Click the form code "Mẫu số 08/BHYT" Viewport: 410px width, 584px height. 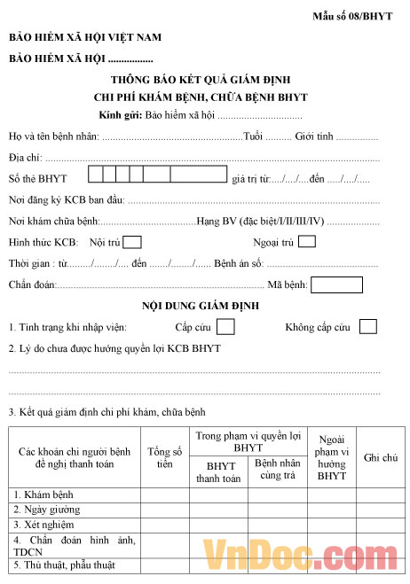(x=352, y=17)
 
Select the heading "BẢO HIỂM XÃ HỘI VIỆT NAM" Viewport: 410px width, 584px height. (x=85, y=38)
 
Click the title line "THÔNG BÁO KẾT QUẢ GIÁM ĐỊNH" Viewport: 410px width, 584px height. (x=206, y=80)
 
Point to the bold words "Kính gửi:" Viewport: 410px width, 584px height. (x=121, y=115)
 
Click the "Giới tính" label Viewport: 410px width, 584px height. (x=314, y=136)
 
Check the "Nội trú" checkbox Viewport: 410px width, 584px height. (x=132, y=242)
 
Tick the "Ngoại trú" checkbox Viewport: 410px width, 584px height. (x=307, y=241)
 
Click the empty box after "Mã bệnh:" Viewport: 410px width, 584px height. (x=336, y=285)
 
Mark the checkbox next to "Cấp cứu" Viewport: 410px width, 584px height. (x=226, y=327)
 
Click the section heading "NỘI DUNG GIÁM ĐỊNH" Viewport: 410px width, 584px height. (x=205, y=306)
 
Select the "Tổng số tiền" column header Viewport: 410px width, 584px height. (x=164, y=457)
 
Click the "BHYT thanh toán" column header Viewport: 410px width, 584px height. (x=218, y=472)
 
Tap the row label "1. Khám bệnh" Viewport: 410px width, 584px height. (x=43, y=494)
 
